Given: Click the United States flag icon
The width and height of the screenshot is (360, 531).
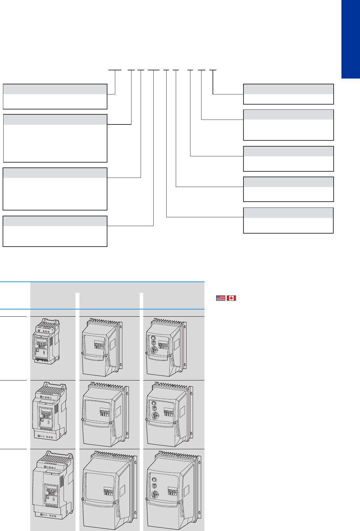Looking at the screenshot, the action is [221, 298].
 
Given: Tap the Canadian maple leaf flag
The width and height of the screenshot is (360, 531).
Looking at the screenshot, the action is [231, 298].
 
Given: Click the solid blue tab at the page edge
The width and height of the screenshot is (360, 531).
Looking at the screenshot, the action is [351, 39].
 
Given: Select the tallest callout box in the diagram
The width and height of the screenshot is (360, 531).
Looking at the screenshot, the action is [55, 138].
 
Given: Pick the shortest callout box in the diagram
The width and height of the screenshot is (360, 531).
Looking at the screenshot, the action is [288, 94].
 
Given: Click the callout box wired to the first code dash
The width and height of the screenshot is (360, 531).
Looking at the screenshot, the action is [55, 96].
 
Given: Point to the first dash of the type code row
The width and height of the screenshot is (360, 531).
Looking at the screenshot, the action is [115, 70].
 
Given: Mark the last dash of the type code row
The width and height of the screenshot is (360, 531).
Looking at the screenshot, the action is [213, 70].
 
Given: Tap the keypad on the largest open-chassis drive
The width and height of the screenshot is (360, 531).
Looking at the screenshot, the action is [51, 491].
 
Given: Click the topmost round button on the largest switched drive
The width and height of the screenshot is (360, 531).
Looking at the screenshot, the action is [154, 480].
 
